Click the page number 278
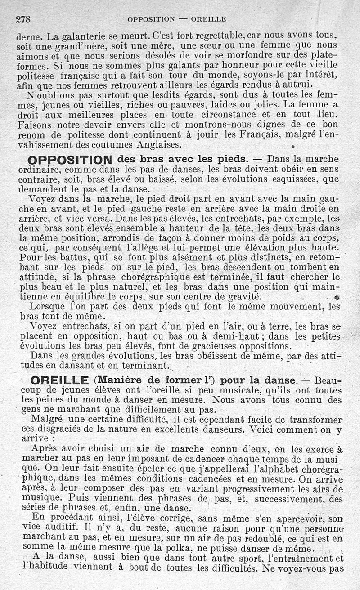(x=22, y=19)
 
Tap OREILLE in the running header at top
(x=208, y=19)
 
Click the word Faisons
(x=36, y=125)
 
